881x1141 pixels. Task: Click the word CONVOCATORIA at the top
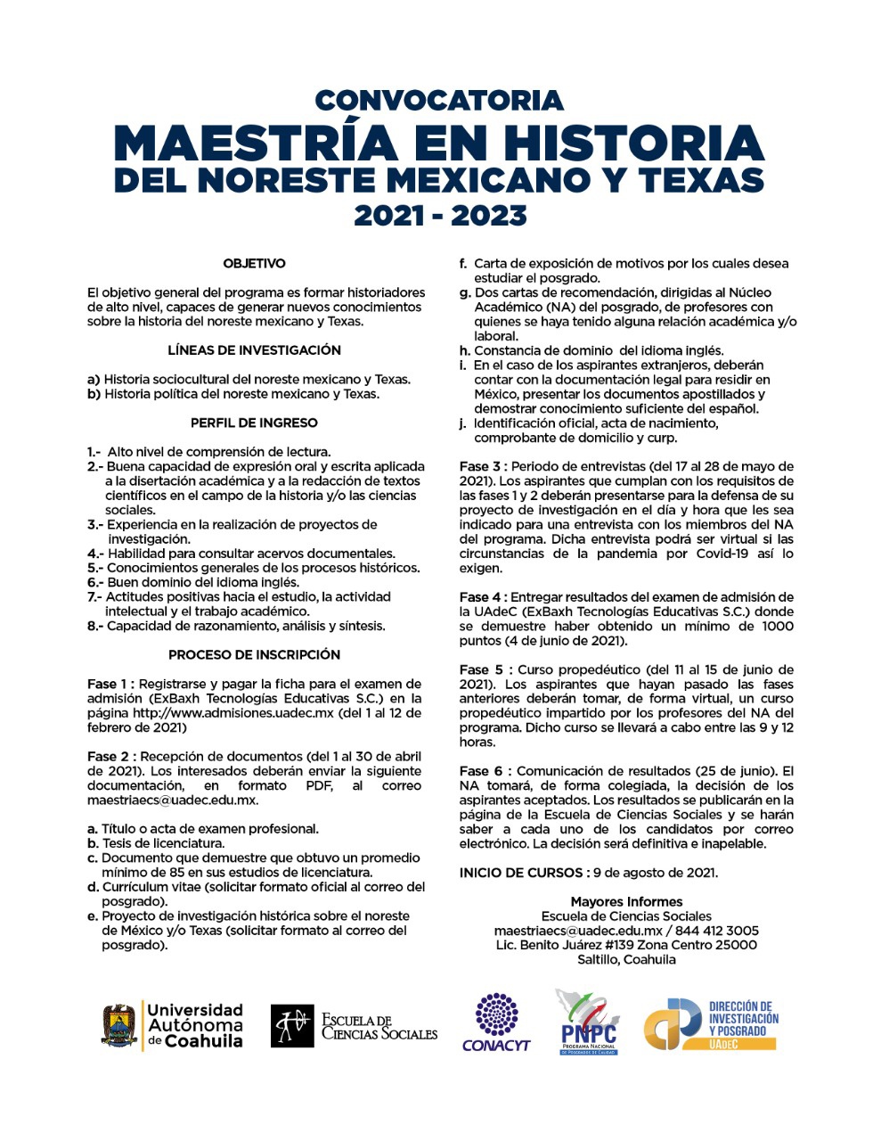pos(439,100)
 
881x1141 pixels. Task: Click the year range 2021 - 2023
pos(440,215)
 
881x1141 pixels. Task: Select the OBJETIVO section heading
pos(255,264)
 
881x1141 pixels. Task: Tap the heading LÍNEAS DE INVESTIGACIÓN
pos(255,350)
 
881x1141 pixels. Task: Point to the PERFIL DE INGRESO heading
pos(255,423)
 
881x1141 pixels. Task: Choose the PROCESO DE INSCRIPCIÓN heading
pos(255,654)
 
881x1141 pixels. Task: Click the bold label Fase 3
pos(482,466)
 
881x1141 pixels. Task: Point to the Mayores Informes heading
pos(626,902)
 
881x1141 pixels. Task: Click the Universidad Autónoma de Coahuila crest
pos(119,1025)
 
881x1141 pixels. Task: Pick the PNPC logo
pos(588,1022)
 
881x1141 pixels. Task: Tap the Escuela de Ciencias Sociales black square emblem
pos(292,1026)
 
